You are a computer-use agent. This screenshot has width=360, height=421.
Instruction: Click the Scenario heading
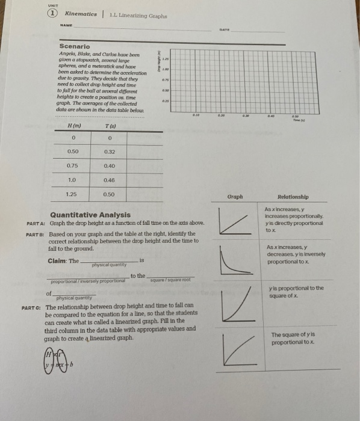[x=75, y=46]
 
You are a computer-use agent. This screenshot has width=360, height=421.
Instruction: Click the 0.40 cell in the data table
[x=109, y=165]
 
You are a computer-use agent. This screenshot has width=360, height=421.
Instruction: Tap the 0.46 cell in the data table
[x=109, y=180]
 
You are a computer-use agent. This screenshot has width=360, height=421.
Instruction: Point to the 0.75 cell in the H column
[x=72, y=165]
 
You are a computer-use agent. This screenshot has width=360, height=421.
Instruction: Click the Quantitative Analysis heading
[x=90, y=214]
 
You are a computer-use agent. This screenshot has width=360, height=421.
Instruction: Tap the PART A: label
[x=36, y=223]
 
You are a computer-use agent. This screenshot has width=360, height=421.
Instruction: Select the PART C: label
[x=31, y=306]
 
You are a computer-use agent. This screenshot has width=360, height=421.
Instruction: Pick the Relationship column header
[x=293, y=196]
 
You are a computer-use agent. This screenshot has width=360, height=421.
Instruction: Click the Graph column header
[x=235, y=196]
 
